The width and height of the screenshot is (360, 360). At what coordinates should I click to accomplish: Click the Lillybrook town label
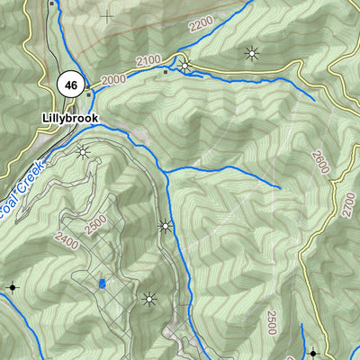(70, 117)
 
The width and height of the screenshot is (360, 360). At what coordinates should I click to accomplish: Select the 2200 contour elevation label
(202, 24)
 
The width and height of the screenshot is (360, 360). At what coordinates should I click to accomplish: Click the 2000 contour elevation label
(114, 78)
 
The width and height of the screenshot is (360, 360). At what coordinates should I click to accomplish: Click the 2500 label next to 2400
(94, 226)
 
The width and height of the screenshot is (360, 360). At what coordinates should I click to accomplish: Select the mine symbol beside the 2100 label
(185, 65)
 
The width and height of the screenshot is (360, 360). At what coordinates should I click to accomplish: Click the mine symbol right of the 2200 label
(251, 53)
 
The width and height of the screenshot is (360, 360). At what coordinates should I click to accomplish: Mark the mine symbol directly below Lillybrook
(84, 151)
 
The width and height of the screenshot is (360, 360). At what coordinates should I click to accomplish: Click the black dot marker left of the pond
(13, 288)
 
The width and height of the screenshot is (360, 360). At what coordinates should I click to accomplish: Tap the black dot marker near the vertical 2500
(312, 354)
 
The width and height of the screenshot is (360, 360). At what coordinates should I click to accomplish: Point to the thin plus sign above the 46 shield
(107, 15)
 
